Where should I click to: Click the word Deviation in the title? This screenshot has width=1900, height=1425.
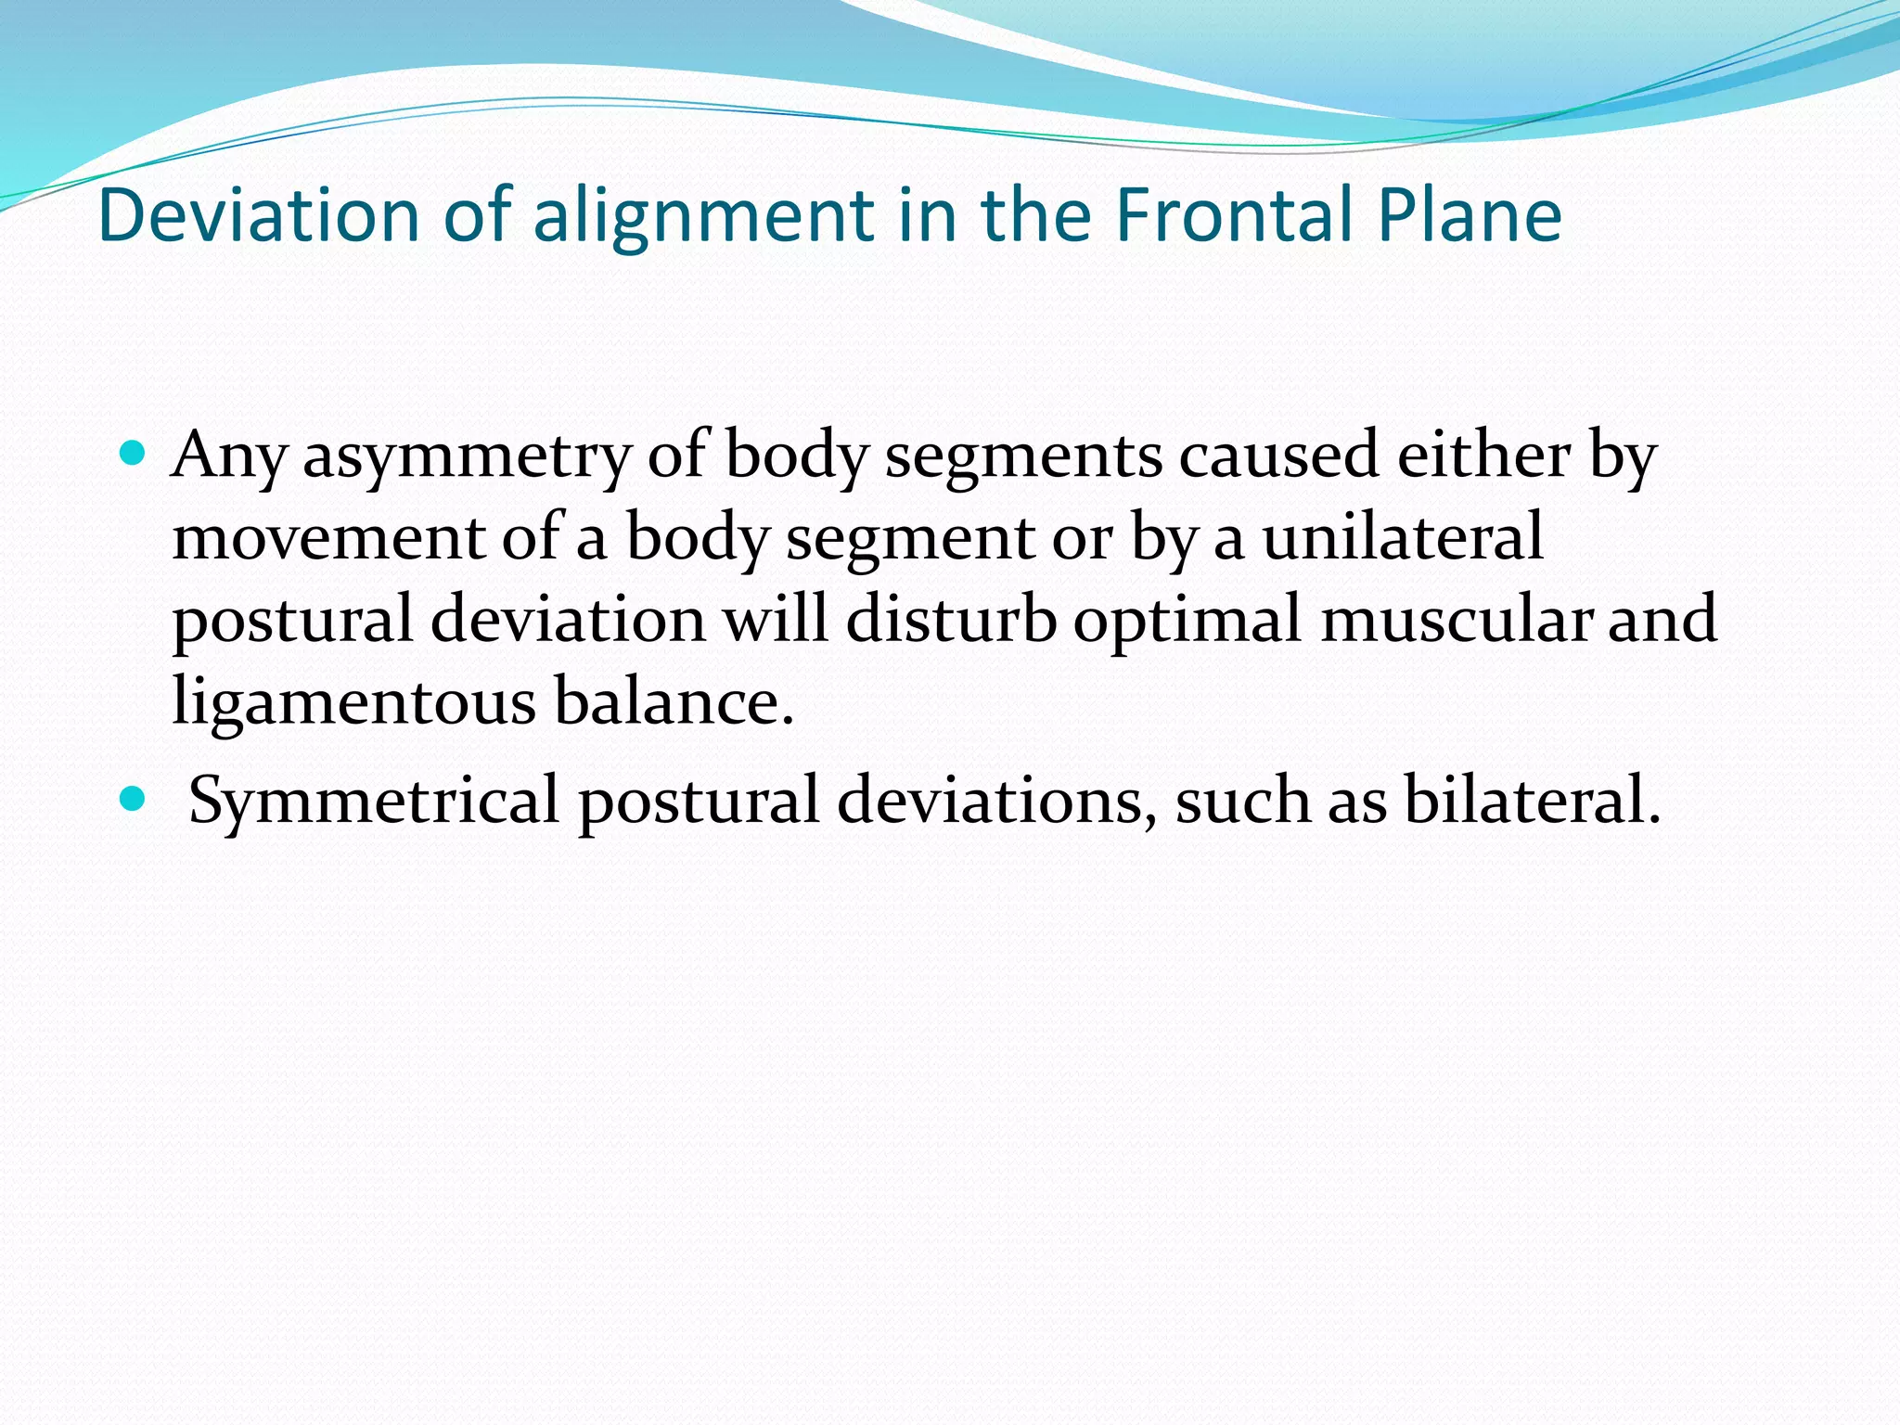258,215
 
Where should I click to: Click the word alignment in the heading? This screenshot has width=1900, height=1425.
703,215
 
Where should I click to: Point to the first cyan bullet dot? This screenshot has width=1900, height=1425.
134,454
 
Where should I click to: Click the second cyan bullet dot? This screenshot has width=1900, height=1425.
134,798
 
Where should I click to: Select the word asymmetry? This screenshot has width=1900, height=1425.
467,456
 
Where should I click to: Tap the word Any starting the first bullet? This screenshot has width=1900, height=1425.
228,456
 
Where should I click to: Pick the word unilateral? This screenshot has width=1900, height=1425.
1403,538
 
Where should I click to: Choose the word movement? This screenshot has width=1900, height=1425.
328,538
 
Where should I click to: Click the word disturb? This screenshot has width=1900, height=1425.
950,620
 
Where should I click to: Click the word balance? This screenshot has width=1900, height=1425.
674,701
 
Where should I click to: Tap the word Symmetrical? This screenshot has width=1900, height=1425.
373,800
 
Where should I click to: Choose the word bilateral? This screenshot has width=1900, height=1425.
1531,800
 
